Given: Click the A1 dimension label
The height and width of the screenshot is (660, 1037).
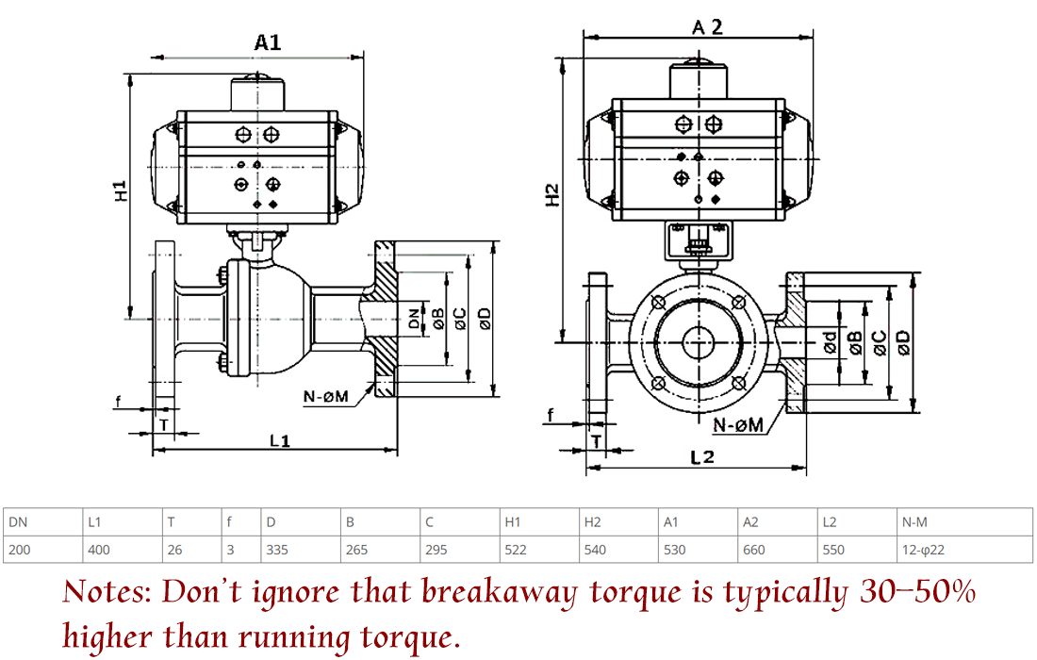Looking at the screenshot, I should pos(268,42).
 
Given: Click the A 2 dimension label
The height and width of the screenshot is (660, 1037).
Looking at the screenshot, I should pos(706,27).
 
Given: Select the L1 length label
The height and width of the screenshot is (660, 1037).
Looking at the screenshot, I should pos(279,439).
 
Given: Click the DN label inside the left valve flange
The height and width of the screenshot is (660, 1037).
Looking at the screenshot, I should pos(414,318).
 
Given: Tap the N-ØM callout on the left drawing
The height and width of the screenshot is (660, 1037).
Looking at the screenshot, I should pos(326,396).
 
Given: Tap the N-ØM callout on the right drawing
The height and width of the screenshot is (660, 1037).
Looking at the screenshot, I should pos(737,425).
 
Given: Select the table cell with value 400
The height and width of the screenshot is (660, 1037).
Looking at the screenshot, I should pos(98,550).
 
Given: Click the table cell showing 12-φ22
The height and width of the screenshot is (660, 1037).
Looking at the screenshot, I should pos(924,550).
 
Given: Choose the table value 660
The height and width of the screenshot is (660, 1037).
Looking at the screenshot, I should pos(754,550).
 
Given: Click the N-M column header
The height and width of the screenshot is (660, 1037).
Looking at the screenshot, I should pos(914,521).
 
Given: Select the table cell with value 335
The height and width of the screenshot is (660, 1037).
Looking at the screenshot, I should pos(277,550).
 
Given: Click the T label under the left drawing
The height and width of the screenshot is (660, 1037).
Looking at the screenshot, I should pos(164,423).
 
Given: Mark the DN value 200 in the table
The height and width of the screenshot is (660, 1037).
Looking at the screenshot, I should pos(19,550).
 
